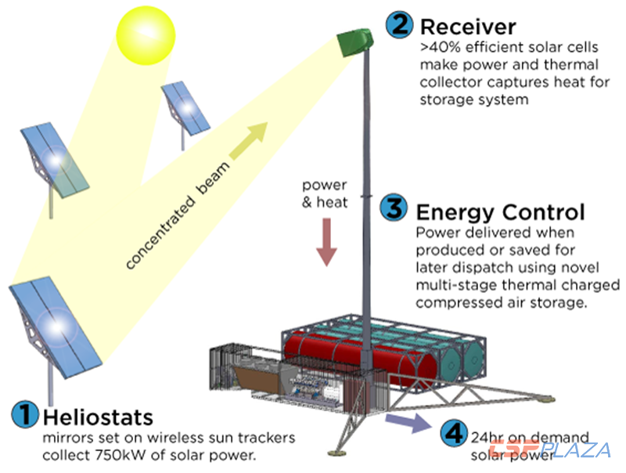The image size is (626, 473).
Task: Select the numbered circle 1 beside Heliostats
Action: tap(27, 414)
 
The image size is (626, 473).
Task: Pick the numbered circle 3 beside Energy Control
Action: tap(394, 209)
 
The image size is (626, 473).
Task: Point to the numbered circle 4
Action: tap(452, 432)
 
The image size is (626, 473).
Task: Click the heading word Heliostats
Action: tap(99, 415)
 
